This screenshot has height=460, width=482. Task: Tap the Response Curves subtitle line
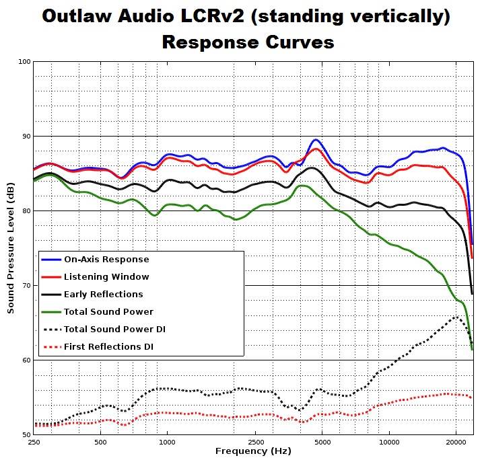(248, 42)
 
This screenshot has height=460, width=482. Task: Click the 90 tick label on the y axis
(25, 137)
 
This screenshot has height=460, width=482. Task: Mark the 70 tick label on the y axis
(25, 286)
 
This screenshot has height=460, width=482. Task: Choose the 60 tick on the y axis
(25, 360)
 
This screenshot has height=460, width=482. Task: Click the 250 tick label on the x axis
(34, 443)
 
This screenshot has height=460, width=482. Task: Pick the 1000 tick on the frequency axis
(167, 443)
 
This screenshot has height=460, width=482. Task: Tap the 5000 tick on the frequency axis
(322, 443)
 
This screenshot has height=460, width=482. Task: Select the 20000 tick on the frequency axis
(456, 443)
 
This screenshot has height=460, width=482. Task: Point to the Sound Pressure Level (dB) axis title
(11, 248)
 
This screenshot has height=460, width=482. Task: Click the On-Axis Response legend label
(106, 259)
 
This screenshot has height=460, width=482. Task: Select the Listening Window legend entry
(106, 276)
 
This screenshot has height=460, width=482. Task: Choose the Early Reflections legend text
(103, 294)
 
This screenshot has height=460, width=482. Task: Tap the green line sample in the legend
(51, 311)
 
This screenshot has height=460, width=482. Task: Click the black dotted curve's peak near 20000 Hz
(456, 317)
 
